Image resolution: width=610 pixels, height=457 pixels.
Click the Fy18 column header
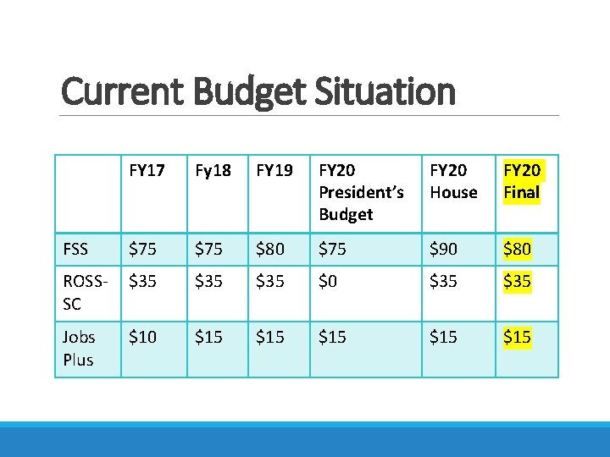click(x=213, y=170)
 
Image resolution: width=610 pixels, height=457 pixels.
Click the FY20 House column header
click(x=453, y=181)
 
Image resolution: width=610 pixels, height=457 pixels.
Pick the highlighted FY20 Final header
click(x=522, y=181)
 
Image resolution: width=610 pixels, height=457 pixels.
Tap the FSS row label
click(x=75, y=249)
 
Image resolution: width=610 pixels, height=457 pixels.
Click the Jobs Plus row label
click(x=79, y=348)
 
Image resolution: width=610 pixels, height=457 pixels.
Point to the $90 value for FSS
click(x=444, y=249)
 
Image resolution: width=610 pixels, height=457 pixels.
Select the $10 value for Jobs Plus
click(x=143, y=337)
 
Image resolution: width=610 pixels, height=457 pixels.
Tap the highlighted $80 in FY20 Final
click(x=518, y=249)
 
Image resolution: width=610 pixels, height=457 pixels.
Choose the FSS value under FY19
click(x=270, y=249)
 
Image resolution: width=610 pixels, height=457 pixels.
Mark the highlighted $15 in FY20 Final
click(x=518, y=337)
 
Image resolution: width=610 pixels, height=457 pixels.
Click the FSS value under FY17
click(x=143, y=249)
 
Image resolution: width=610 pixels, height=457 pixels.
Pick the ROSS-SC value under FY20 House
click(x=444, y=281)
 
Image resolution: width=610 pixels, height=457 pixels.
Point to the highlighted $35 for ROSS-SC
click(x=518, y=281)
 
